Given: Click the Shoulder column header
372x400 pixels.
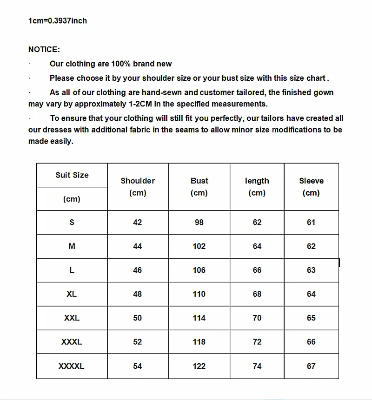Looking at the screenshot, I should click(x=138, y=186).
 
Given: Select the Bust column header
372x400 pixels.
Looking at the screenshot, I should click(x=199, y=186).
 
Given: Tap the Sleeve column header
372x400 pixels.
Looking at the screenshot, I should click(x=311, y=186).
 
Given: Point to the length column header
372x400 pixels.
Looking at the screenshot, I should click(x=257, y=186).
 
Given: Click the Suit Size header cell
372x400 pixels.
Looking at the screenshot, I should click(x=72, y=175).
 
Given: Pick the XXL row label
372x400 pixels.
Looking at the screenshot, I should click(x=72, y=318).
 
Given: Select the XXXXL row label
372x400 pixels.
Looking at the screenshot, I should click(x=72, y=366).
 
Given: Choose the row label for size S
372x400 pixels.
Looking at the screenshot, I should click(x=72, y=222).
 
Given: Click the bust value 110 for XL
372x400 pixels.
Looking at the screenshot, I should click(x=199, y=294).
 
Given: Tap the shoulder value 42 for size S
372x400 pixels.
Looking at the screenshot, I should click(x=138, y=222).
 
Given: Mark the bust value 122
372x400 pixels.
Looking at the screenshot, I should click(x=199, y=366).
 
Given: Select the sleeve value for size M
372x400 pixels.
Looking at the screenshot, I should click(x=311, y=246).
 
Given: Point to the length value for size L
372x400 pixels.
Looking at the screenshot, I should click(x=257, y=270).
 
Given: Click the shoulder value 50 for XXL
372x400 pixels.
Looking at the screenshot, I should click(x=138, y=318).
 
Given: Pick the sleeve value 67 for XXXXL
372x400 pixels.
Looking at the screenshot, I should click(x=311, y=366).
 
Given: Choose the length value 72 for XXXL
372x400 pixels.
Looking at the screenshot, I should click(x=257, y=342).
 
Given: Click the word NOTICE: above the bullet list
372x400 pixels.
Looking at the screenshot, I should click(x=44, y=49).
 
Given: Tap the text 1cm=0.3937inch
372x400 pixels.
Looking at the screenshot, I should click(x=58, y=20).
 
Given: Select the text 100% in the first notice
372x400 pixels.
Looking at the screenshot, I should click(x=120, y=64).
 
